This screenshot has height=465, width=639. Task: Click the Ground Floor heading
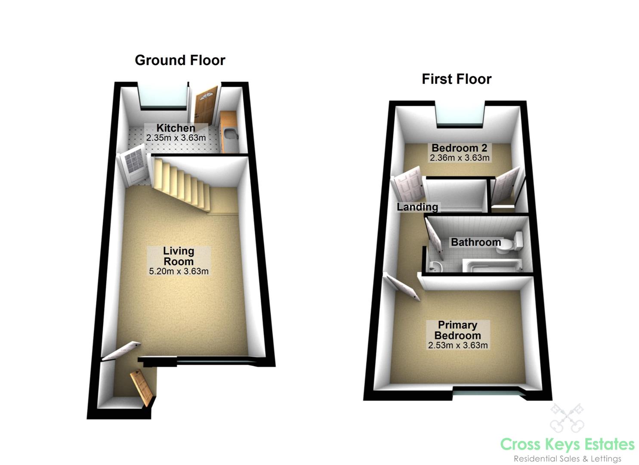(180, 60)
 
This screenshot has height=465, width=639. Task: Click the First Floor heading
(456, 79)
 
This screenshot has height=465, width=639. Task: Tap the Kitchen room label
(176, 128)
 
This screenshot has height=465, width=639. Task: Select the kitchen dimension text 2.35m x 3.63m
(176, 138)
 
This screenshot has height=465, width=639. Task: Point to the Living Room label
(179, 256)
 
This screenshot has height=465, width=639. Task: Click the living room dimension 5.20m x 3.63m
(179, 271)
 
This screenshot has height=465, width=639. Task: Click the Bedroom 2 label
(459, 148)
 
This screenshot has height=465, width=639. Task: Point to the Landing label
(417, 207)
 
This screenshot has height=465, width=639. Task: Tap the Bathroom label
(475, 242)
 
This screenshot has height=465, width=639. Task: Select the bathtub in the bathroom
(491, 265)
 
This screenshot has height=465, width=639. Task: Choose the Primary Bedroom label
(457, 330)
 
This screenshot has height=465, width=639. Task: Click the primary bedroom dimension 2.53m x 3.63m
(458, 345)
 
